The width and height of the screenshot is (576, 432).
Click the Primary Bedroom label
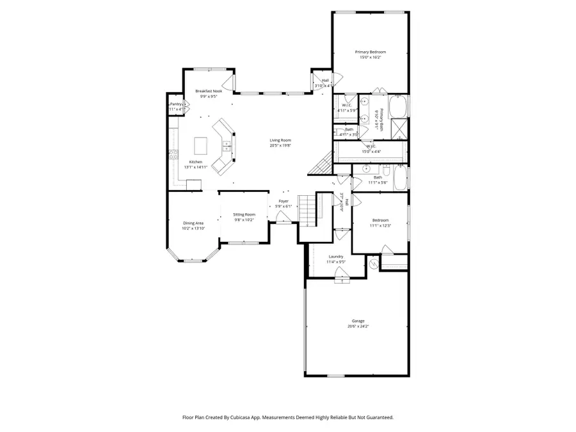(371, 52)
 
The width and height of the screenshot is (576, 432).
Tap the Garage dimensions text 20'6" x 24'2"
(358, 326)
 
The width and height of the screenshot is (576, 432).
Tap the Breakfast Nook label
(209, 91)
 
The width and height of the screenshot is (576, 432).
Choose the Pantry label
(175, 104)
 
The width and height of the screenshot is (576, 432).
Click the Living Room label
(280, 140)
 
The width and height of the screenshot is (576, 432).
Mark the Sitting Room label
(244, 214)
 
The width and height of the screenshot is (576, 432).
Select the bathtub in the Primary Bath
(398, 106)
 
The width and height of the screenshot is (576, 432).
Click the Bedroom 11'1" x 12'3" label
(380, 220)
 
